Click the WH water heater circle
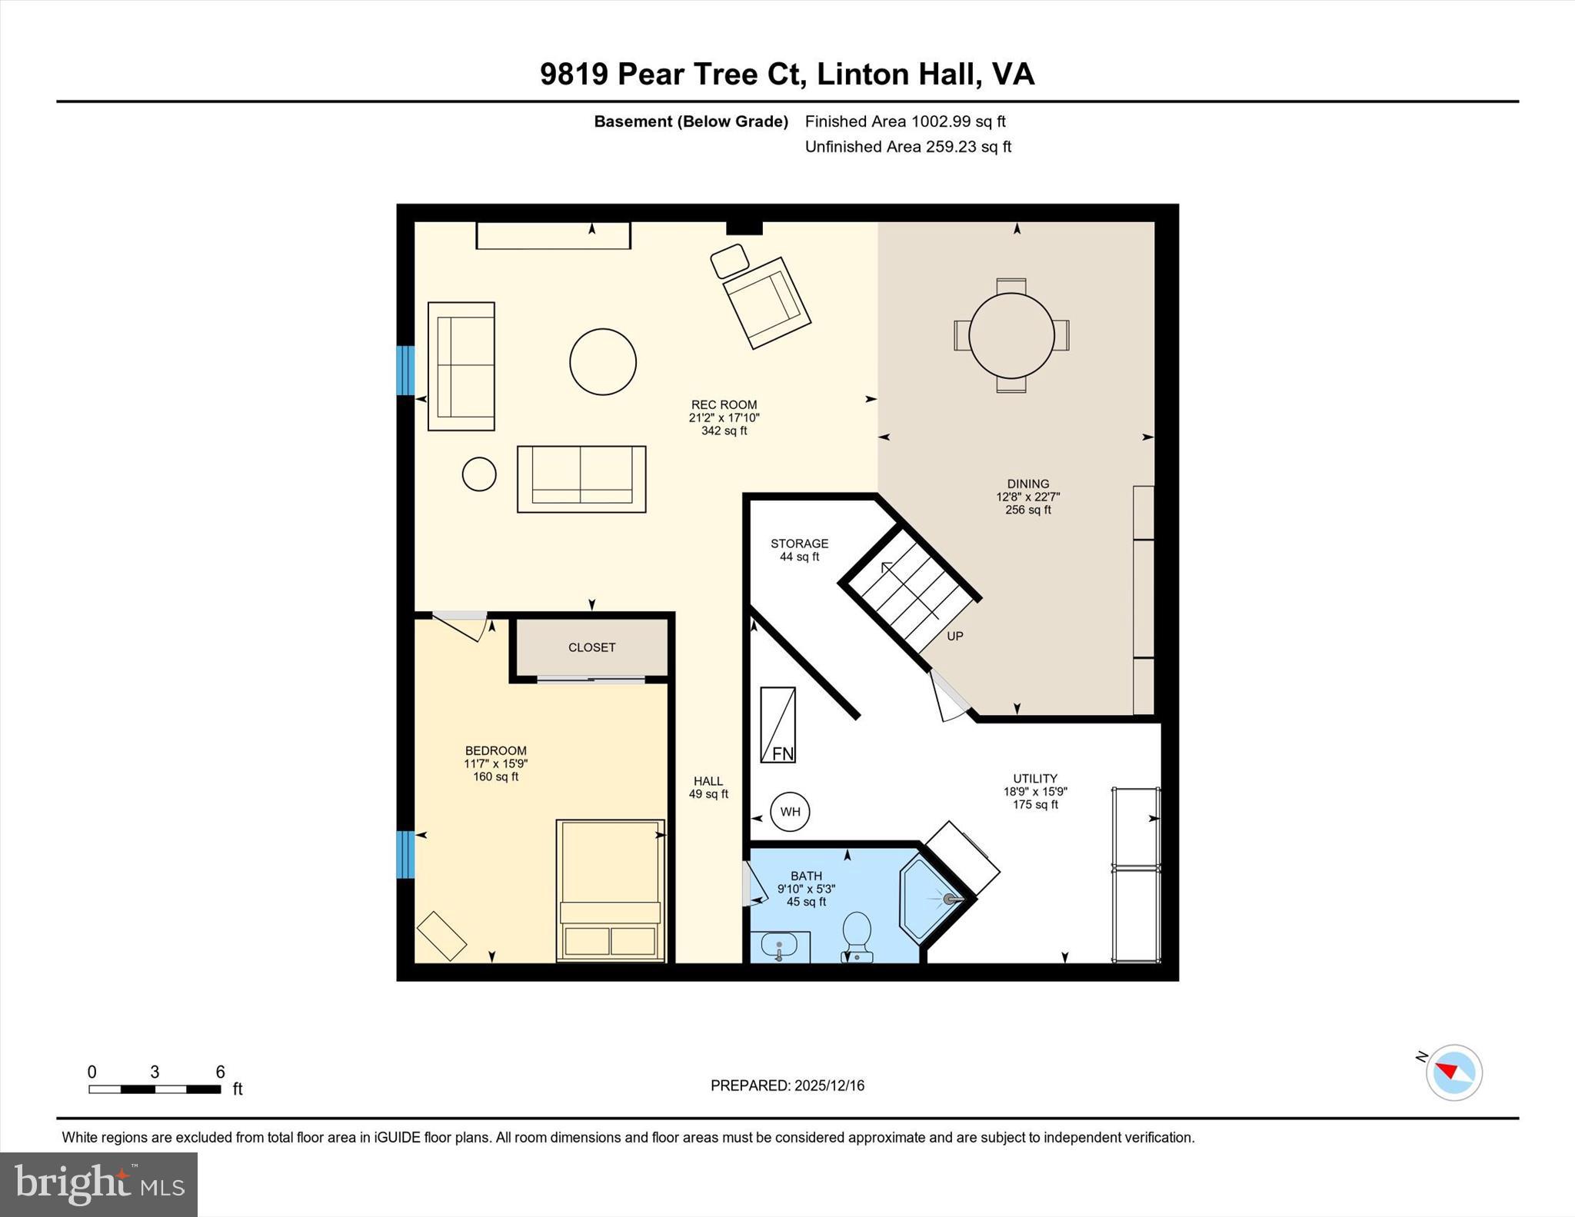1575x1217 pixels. pyautogui.click(x=790, y=812)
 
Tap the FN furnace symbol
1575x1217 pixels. pyautogui.click(x=778, y=725)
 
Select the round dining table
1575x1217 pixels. pyautogui.click(x=1011, y=335)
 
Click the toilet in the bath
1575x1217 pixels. pyautogui.click(x=856, y=936)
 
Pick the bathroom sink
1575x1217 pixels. pyautogui.click(x=779, y=946)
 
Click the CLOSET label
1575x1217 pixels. pyautogui.click(x=591, y=647)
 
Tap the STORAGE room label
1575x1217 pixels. pyautogui.click(x=800, y=544)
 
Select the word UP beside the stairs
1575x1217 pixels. pyautogui.click(x=955, y=636)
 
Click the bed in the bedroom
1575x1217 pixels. pyautogui.click(x=610, y=890)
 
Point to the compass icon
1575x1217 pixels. pyautogui.click(x=1453, y=1072)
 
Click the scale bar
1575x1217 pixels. pyautogui.click(x=155, y=1089)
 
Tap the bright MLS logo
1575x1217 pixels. pyautogui.click(x=98, y=1184)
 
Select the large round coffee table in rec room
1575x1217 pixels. pyautogui.click(x=603, y=362)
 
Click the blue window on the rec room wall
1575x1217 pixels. pyautogui.click(x=405, y=371)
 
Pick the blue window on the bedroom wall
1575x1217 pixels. pyautogui.click(x=405, y=854)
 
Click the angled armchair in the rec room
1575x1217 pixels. pyautogui.click(x=767, y=303)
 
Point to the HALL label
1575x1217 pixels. pyautogui.click(x=708, y=781)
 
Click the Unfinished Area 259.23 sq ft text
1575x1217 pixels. pyautogui.click(x=908, y=146)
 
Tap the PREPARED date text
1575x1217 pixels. pyautogui.click(x=787, y=1086)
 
